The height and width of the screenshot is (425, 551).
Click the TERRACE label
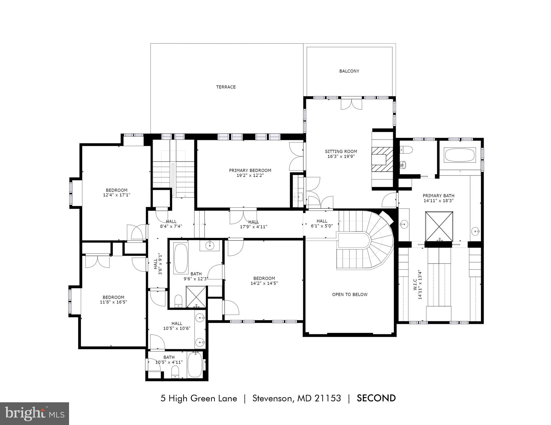click(226, 87)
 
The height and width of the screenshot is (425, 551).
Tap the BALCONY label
click(349, 71)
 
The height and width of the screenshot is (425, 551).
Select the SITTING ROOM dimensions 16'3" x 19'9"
click(341, 156)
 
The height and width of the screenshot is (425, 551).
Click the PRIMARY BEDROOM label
click(250, 170)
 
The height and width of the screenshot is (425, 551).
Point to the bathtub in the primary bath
click(459, 155)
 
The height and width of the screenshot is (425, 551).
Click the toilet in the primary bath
click(406, 150)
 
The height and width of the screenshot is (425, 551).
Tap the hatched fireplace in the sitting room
click(382, 159)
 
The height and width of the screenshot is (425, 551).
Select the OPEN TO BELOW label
click(350, 294)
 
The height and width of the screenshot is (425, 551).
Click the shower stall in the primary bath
click(439, 226)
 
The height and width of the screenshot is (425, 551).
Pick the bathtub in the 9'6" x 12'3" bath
click(181, 258)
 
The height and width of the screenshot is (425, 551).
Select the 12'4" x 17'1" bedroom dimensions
click(116, 195)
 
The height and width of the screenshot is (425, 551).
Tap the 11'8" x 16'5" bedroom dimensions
click(113, 302)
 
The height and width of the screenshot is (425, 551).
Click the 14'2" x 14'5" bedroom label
click(264, 278)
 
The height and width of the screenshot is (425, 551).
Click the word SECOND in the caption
click(376, 398)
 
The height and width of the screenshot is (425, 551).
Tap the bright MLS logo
click(34, 414)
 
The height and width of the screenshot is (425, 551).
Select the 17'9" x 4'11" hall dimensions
click(253, 227)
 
